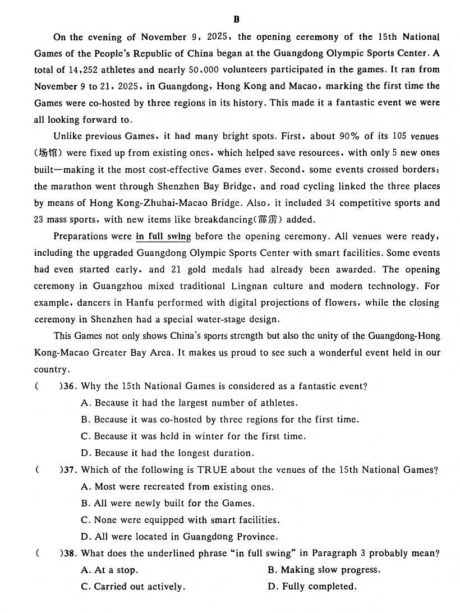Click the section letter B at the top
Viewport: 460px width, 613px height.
236,20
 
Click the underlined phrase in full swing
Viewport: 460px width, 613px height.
163,236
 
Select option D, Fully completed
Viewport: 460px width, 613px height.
312,587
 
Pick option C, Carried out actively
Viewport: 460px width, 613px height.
133,587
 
